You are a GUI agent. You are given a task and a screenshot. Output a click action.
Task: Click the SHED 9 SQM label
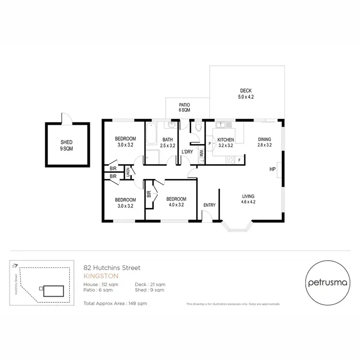pyautogui.click(x=67, y=145)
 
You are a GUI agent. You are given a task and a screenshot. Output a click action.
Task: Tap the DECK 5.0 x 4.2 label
pyautogui.click(x=246, y=94)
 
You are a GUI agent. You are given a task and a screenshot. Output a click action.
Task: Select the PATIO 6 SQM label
pyautogui.click(x=184, y=107)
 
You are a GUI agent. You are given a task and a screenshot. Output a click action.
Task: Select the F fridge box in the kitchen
pyautogui.click(x=239, y=159)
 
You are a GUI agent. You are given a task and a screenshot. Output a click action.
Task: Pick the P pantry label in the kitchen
pyautogui.click(x=209, y=143)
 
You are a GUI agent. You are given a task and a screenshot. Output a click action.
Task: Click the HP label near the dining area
pyautogui.click(x=272, y=169)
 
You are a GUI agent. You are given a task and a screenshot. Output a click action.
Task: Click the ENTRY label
pyautogui.click(x=209, y=205)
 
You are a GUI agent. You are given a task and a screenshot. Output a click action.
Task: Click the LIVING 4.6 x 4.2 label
pyautogui.click(x=248, y=199)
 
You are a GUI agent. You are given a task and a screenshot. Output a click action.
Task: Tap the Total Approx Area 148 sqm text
pyautogui.click(x=115, y=303)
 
